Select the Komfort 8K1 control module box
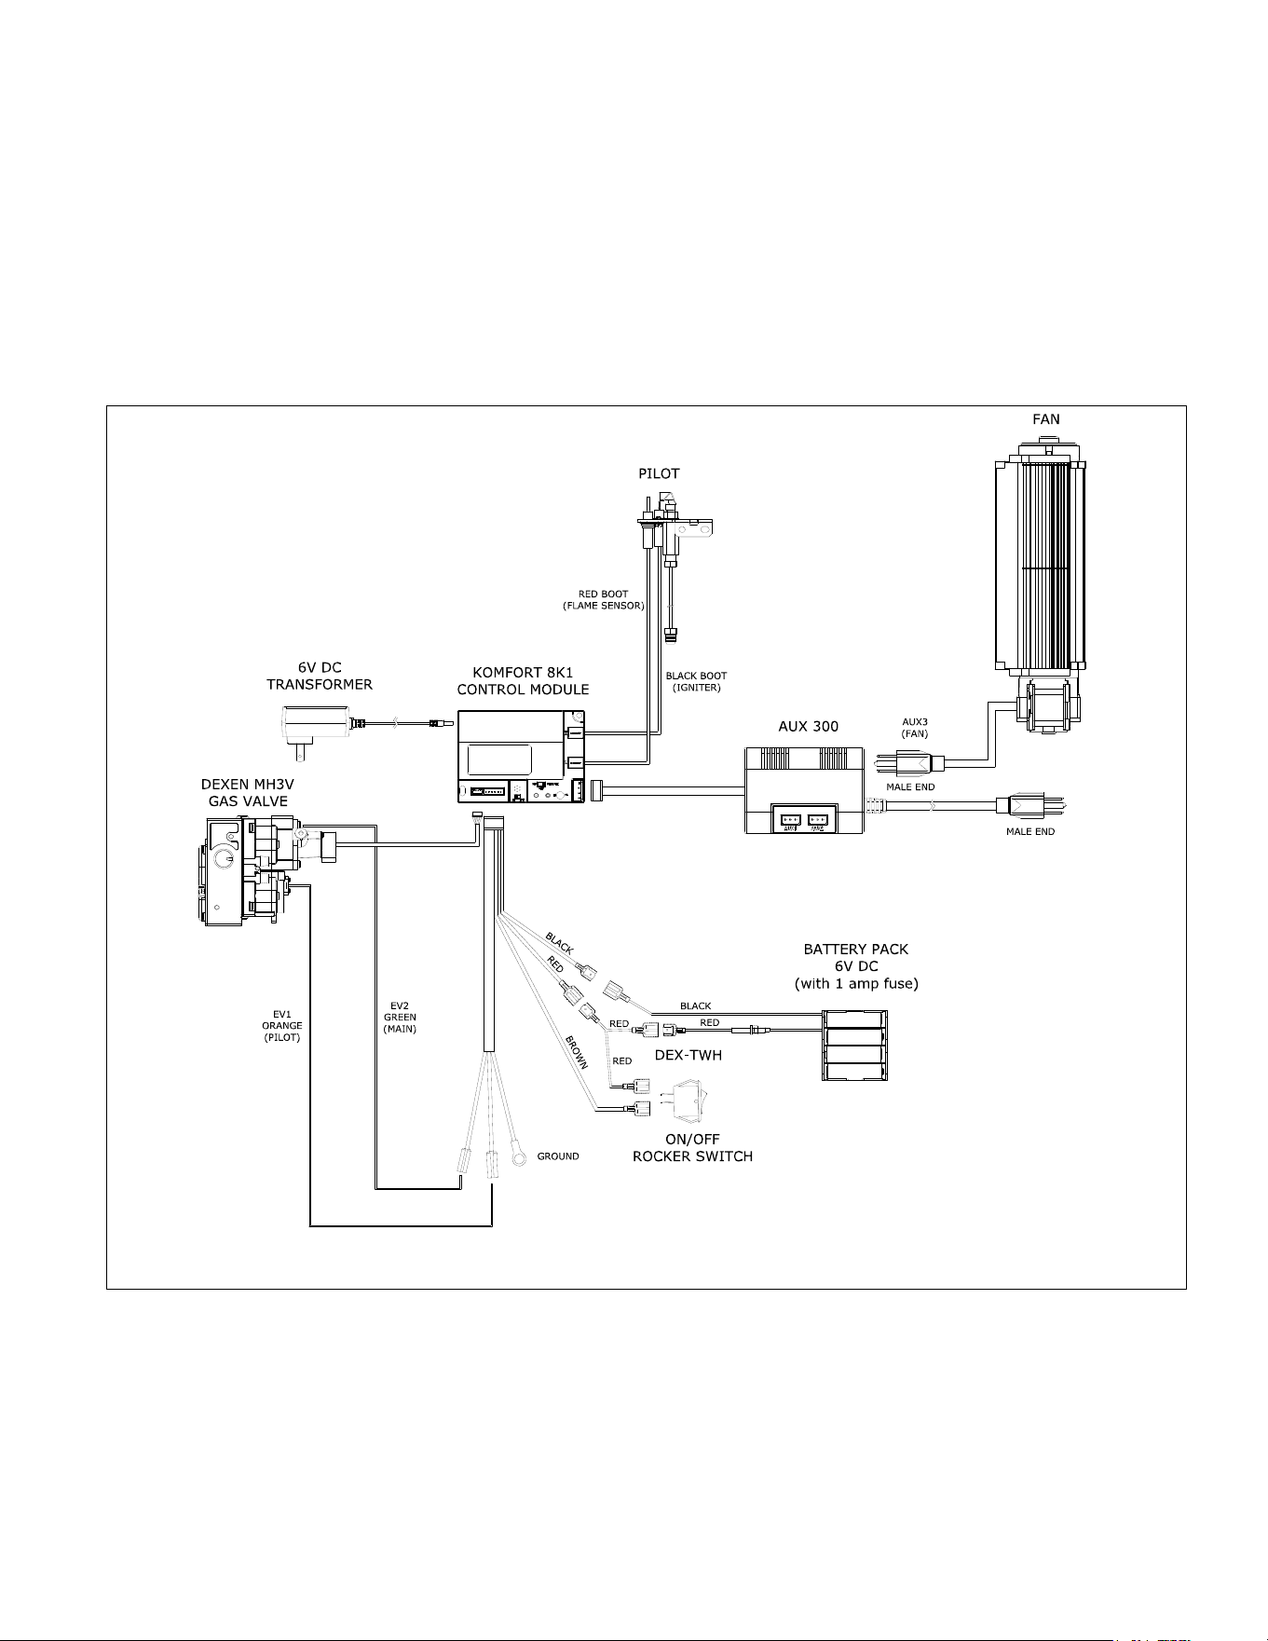tap(522, 757)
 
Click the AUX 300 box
tap(804, 790)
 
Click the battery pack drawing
tap(854, 1046)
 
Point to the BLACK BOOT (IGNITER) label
tap(696, 681)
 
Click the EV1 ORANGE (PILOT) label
tap(281, 1025)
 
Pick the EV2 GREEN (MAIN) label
tap(400, 1017)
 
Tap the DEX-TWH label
tap(689, 1055)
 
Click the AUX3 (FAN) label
tap(915, 727)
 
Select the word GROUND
tap(558, 1156)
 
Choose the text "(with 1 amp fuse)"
tap(856, 984)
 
